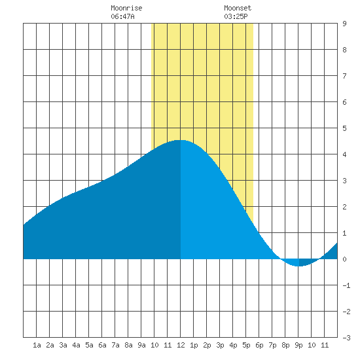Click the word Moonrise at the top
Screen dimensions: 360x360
pyautogui.click(x=126, y=8)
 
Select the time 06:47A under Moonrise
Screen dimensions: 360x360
pyautogui.click(x=122, y=16)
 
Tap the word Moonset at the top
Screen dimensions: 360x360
pyautogui.click(x=238, y=8)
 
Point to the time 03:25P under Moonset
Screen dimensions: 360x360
pyautogui.click(x=236, y=16)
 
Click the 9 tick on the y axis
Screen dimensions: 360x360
pyautogui.click(x=344, y=24)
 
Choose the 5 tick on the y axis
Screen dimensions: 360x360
pyautogui.click(x=344, y=128)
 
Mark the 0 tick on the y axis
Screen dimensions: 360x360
pyautogui.click(x=344, y=259)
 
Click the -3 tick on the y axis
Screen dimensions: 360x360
pyautogui.click(x=346, y=338)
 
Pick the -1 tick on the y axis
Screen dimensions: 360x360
pyautogui.click(x=346, y=285)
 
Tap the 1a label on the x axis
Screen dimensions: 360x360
pyautogui.click(x=37, y=345)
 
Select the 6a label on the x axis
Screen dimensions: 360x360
pyautogui.click(x=102, y=345)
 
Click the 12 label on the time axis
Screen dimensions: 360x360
pyautogui.click(x=181, y=345)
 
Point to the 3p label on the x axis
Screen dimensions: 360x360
pyautogui.click(x=220, y=345)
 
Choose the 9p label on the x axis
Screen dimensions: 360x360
pyautogui.click(x=298, y=345)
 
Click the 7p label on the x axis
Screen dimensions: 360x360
pyautogui.click(x=272, y=345)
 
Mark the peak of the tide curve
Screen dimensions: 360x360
pyautogui.click(x=180, y=140)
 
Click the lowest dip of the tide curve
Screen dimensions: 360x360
pyautogui.click(x=298, y=266)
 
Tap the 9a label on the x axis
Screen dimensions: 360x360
pyautogui.click(x=141, y=345)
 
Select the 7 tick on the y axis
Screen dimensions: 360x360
pyautogui.click(x=344, y=76)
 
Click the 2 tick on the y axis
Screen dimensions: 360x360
pyautogui.click(x=344, y=207)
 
